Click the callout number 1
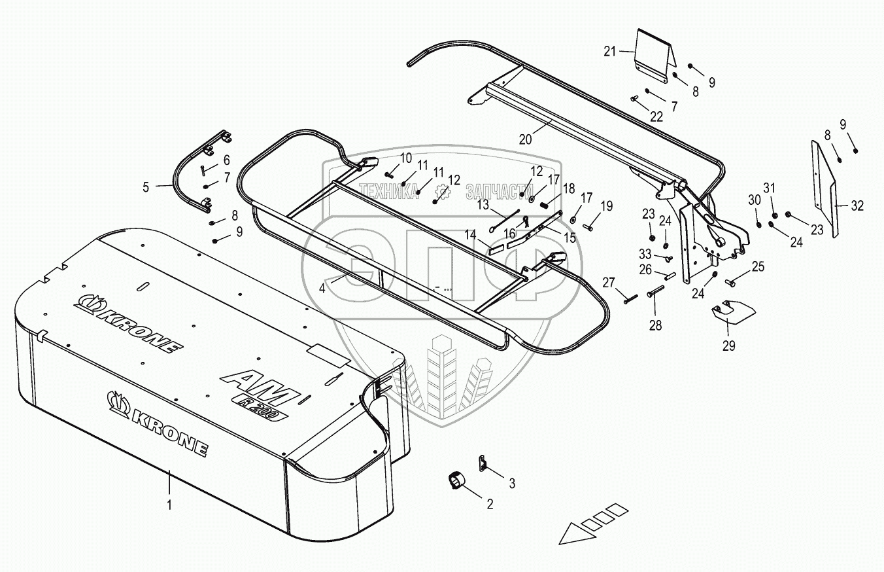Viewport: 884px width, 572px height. (x=169, y=505)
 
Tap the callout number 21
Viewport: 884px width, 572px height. (x=609, y=51)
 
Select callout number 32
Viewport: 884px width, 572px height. (x=857, y=206)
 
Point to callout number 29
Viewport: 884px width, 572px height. (x=728, y=346)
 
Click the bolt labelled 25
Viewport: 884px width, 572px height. (x=730, y=282)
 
